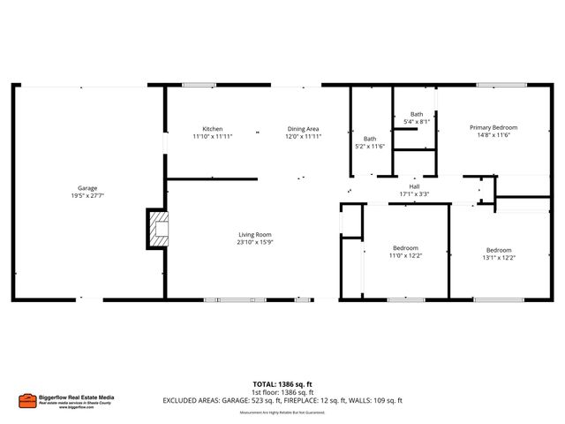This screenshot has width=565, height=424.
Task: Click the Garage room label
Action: (87, 189)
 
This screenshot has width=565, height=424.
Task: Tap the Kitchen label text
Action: (213, 129)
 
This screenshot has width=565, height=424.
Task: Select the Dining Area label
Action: (302, 129)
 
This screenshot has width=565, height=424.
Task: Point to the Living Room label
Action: (254, 234)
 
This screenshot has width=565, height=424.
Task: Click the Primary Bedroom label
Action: (493, 127)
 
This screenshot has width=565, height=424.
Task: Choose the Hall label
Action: (414, 186)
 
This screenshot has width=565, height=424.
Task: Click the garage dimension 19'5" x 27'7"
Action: (87, 197)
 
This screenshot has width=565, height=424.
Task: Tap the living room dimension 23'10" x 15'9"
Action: (254, 242)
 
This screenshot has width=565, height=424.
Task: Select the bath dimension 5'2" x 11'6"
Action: (371, 146)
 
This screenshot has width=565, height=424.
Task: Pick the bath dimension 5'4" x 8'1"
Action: (416, 121)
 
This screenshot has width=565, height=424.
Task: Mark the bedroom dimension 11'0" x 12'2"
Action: (405, 256)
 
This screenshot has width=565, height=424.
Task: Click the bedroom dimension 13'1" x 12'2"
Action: (499, 257)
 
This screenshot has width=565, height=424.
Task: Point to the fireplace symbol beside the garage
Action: (158, 229)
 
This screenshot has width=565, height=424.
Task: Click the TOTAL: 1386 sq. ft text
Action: (282, 384)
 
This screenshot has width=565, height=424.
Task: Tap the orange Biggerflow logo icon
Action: (27, 398)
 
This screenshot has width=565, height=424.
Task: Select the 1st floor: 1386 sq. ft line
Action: (282, 392)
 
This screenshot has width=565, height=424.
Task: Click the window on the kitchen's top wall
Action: (199, 85)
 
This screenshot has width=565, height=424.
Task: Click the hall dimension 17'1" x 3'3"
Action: (414, 194)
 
